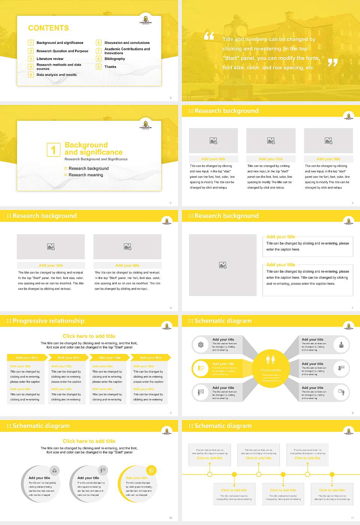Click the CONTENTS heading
click(48, 28)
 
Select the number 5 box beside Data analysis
click(31, 75)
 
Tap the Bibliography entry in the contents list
click(115, 59)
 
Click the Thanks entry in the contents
click(110, 67)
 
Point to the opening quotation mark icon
click(209, 36)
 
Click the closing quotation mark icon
click(333, 62)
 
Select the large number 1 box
click(53, 150)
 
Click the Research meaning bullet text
click(85, 175)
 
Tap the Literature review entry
click(50, 59)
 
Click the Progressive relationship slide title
click(48, 321)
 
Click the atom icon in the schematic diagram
click(201, 345)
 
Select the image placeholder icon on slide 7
click(223, 265)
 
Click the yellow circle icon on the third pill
click(151, 470)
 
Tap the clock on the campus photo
click(240, 30)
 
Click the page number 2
click(171, 98)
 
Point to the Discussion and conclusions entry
click(127, 43)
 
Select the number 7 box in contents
click(99, 51)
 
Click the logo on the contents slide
click(145, 19)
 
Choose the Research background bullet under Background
click(88, 169)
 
